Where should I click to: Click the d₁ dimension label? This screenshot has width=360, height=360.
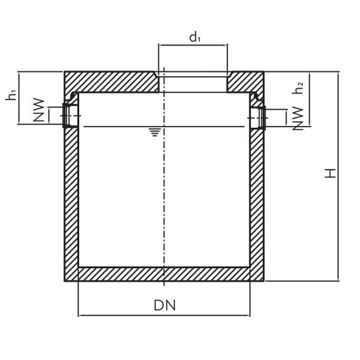pyautogui.click(x=194, y=38)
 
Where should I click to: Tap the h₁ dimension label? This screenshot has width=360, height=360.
pyautogui.click(x=11, y=95)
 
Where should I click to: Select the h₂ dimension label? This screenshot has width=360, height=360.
pyautogui.click(x=298, y=88)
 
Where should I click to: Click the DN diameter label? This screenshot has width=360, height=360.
pyautogui.click(x=164, y=305)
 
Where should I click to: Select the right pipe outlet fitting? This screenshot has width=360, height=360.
pyautogui.click(x=259, y=117)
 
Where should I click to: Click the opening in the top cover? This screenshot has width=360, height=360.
pyautogui.click(x=193, y=83)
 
